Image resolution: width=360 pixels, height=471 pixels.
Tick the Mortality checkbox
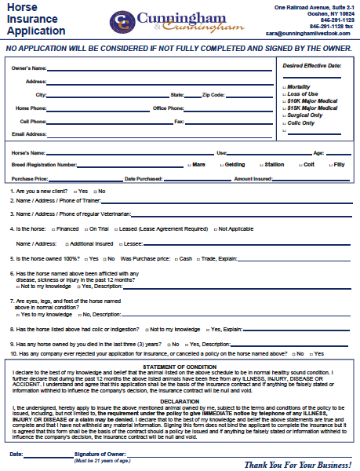[284, 86]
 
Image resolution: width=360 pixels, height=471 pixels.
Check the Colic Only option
[284, 122]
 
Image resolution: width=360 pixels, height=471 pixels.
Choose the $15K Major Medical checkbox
[284, 108]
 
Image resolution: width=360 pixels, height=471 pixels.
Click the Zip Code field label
[213, 94]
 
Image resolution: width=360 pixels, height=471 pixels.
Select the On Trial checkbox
[93, 228]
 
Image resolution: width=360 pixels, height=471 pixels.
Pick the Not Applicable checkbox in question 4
[213, 228]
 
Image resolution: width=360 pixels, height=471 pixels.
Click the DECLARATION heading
[180, 400]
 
